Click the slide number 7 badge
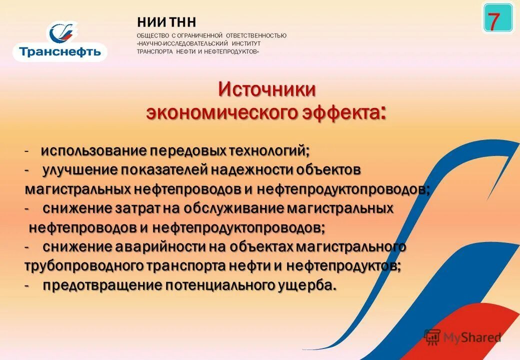coord(498,18)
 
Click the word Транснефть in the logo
coord(60,51)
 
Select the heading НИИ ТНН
coord(166,22)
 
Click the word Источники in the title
coord(266,90)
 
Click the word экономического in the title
coord(221,112)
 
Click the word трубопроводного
coord(84,265)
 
